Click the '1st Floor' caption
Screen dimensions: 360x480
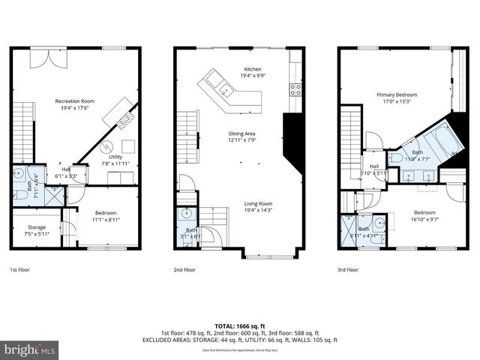pyautogui.click(x=20, y=268)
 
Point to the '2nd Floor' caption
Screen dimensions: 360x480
pyautogui.click(x=184, y=268)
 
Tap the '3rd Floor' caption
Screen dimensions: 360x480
pyautogui.click(x=348, y=268)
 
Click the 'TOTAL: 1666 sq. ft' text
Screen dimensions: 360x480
pyautogui.click(x=240, y=326)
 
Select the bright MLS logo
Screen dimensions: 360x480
pyautogui.click(x=30, y=350)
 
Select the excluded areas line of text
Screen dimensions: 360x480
pyautogui.click(x=240, y=340)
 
